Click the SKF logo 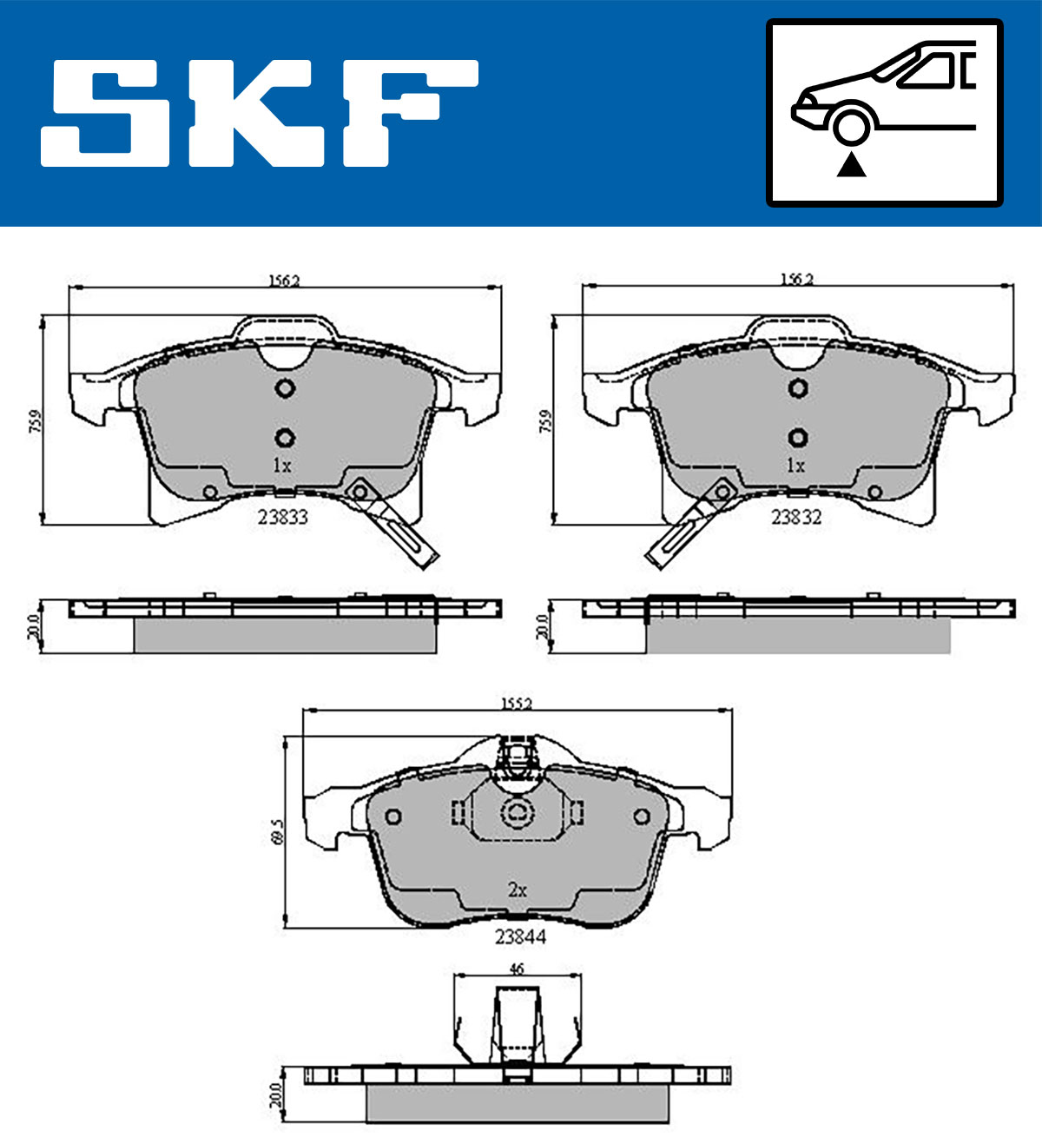pos(260,113)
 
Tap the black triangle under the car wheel pos(851,165)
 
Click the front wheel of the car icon pos(851,125)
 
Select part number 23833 pos(282,517)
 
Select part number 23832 pos(796,517)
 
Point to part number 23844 pos(520,936)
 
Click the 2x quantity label pos(518,889)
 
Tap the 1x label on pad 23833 pos(282,466)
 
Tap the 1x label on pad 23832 pos(795,466)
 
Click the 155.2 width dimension pos(516,704)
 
